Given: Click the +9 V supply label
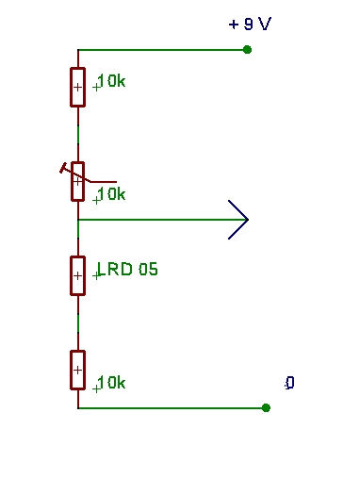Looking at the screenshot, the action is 250,24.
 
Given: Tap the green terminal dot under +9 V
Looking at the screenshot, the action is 247,50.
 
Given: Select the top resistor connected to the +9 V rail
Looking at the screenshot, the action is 77,87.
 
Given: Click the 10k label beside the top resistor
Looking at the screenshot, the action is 111,81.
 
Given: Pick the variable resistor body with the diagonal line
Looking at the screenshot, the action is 77,181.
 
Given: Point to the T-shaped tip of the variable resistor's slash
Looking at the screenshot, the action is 63,168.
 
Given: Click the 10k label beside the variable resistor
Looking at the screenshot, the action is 111,194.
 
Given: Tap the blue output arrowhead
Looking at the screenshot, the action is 238,220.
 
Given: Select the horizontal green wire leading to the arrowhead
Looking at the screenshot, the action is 162,220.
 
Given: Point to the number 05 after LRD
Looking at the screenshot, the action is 148,270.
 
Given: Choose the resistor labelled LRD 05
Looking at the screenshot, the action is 77,275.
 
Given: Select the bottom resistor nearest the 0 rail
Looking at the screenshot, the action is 77,370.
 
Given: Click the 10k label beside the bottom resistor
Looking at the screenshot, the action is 111,383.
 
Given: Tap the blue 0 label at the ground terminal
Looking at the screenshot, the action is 290,383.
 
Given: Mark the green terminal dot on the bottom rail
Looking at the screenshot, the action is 266,407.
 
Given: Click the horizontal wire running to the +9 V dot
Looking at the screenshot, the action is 162,50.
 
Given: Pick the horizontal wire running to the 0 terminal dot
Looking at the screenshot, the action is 172,407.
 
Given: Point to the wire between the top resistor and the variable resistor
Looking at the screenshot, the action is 78,135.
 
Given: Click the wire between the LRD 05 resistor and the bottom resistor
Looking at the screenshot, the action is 78,323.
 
